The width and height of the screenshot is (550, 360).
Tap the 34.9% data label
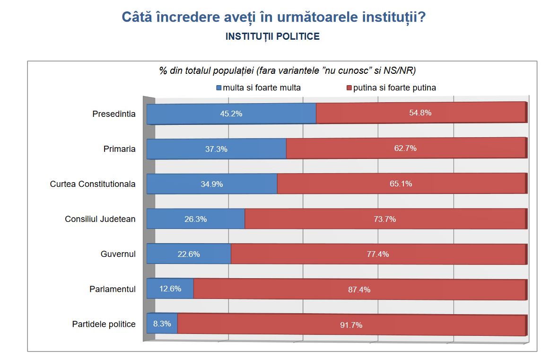point(211,184)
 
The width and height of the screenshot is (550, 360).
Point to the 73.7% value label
point(384,219)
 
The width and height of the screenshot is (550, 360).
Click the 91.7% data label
point(351,325)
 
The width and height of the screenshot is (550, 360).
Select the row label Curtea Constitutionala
point(93,184)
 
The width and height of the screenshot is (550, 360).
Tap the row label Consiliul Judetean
point(100,219)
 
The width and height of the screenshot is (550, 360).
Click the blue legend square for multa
point(218,88)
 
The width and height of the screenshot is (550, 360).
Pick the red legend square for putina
point(349,88)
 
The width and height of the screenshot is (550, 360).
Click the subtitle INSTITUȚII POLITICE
point(272,36)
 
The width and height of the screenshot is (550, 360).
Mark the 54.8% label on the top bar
point(420,113)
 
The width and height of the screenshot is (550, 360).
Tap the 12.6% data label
point(170,289)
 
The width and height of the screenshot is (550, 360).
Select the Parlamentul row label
point(113,289)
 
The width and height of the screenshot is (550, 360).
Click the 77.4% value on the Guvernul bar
point(378,254)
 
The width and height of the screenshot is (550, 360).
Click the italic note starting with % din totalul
point(287,70)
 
